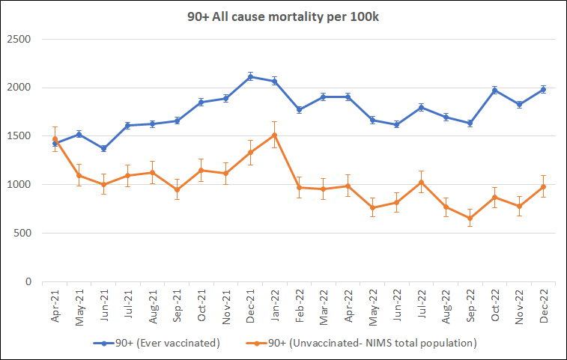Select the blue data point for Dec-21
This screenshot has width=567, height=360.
click(x=250, y=76)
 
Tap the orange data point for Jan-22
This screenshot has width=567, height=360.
click(x=274, y=135)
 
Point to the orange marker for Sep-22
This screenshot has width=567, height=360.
click(x=470, y=219)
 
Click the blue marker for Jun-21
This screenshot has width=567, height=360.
click(x=103, y=148)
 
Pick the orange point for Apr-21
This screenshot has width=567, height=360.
click(x=55, y=139)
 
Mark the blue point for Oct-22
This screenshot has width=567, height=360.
click(x=494, y=90)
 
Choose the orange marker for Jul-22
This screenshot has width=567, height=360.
click(x=421, y=182)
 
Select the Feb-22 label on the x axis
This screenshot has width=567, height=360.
click(x=300, y=307)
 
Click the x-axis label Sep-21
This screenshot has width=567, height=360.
click(x=177, y=307)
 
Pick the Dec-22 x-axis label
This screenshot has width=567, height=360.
click(x=544, y=307)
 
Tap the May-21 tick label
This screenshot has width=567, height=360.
click(x=79, y=307)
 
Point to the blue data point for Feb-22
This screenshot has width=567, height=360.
click(x=299, y=110)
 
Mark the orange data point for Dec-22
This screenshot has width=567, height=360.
click(x=543, y=186)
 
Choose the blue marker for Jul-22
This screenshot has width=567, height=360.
click(x=421, y=107)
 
